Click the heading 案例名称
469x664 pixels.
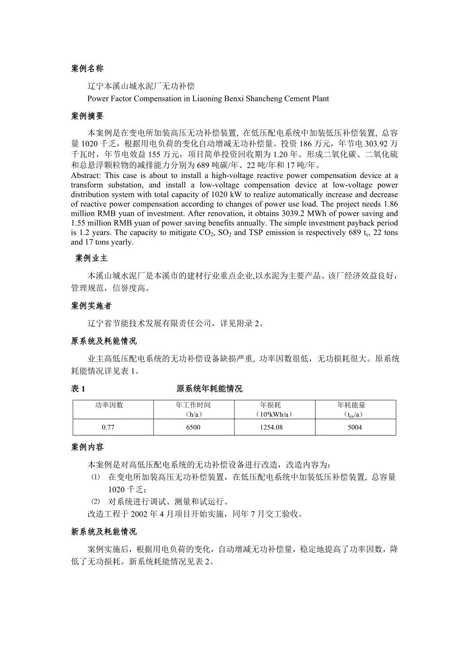[x=88, y=69]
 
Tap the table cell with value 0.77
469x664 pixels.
[x=108, y=427]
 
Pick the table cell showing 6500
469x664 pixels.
[x=193, y=427]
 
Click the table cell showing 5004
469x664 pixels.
[x=355, y=427]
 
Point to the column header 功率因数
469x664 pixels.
[x=109, y=405]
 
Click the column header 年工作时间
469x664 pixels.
[x=193, y=405]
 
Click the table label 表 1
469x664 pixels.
[x=78, y=389]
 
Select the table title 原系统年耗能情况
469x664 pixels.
[x=209, y=389]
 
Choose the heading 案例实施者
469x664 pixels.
[x=91, y=306]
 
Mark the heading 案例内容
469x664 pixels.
[x=88, y=447]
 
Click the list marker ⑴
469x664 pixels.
[x=95, y=477]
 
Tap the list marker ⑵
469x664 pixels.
[x=95, y=501]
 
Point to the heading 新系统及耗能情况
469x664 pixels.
[x=104, y=532]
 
